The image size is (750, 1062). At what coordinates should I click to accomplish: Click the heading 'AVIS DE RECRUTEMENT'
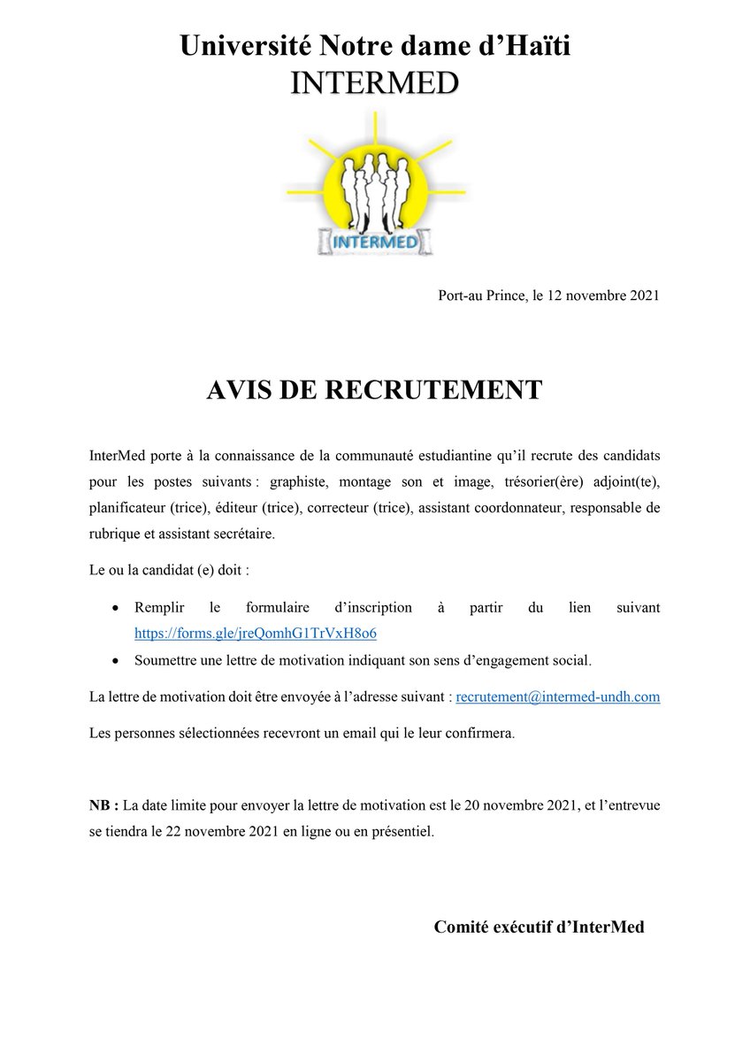374,390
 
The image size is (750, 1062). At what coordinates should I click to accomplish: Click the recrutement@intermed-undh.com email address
558,697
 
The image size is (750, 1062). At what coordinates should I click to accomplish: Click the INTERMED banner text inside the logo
375,240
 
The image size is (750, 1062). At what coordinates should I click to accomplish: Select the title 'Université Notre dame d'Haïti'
375,45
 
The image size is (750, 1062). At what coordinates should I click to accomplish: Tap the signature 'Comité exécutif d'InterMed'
539,927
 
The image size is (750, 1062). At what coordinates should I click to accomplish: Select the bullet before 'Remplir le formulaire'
117,609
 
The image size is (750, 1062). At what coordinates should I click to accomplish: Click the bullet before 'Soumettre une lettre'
117,660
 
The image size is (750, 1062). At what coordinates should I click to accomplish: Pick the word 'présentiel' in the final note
401,832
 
